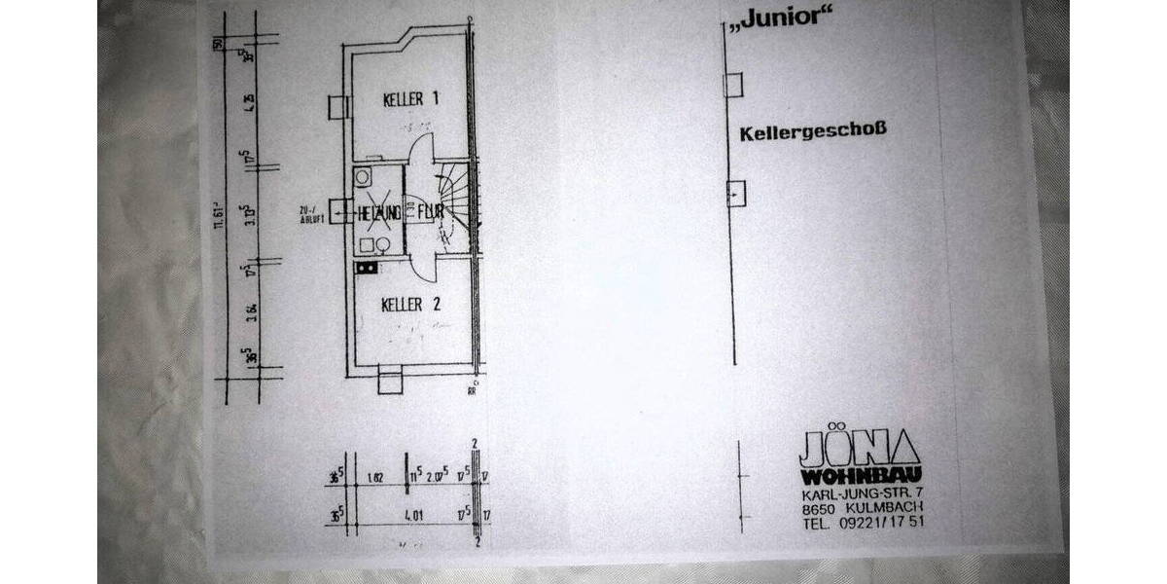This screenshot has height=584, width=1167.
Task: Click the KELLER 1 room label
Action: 411,99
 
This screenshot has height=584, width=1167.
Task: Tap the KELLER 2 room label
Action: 411,305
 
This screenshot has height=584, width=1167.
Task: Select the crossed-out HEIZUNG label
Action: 378,210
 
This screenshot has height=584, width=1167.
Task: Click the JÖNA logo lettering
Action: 858,450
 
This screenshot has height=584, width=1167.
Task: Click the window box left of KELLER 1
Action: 337,106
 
